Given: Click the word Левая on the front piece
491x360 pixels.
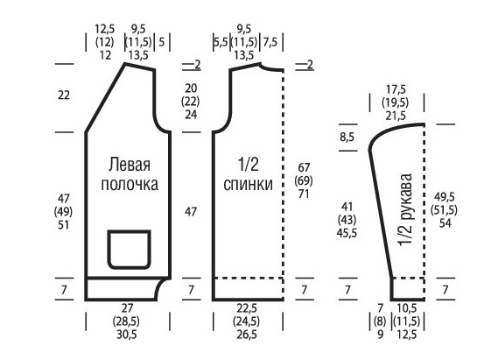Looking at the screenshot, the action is pyautogui.click(x=130, y=165).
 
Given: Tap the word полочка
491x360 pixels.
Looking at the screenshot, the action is pyautogui.click(x=130, y=184).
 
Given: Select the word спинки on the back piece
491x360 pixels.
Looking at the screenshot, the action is pyautogui.click(x=248, y=184).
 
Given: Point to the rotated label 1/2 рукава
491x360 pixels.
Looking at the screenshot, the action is pyautogui.click(x=406, y=209).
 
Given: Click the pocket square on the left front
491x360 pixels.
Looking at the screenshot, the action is pyautogui.click(x=108, y=250).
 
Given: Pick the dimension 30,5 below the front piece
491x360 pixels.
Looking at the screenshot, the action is pyautogui.click(x=127, y=335).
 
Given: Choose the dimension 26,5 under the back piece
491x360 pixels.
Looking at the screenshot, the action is pyautogui.click(x=247, y=335).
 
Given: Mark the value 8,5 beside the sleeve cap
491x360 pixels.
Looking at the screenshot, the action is pyautogui.click(x=347, y=137).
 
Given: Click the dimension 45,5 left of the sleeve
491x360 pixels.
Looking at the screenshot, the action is pyautogui.click(x=347, y=233).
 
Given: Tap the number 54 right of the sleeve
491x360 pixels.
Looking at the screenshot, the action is pyautogui.click(x=445, y=223).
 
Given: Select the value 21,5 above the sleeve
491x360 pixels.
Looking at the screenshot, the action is pyautogui.click(x=396, y=116).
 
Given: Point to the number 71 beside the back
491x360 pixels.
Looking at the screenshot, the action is pyautogui.click(x=304, y=194).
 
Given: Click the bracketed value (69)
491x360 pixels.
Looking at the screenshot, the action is pyautogui.click(x=304, y=180).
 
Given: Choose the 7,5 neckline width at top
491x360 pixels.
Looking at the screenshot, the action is pyautogui.click(x=270, y=42).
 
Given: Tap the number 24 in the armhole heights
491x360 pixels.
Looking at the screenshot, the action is pyautogui.click(x=191, y=115).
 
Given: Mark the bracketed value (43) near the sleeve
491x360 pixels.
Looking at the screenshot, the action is pyautogui.click(x=347, y=220).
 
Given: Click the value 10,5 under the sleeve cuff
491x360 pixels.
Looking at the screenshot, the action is pyautogui.click(x=406, y=308).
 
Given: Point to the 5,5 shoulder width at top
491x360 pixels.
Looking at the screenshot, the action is pyautogui.click(x=221, y=42).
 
